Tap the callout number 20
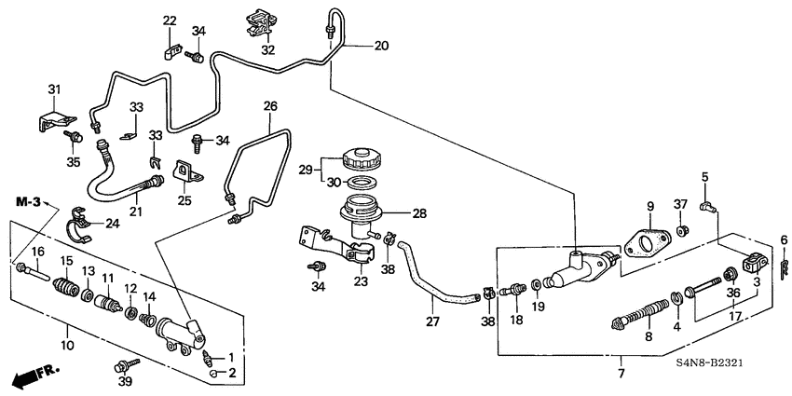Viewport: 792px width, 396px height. click(380, 45)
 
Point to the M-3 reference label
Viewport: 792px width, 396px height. click(27, 201)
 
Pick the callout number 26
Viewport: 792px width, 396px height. click(270, 106)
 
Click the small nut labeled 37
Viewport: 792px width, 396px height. click(681, 229)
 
